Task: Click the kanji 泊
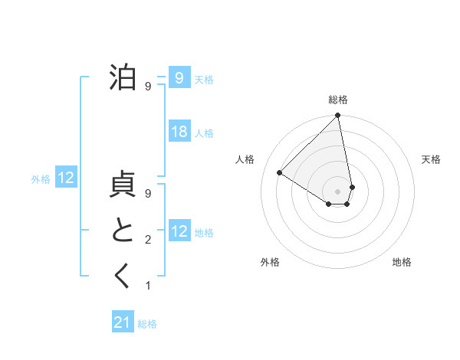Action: pyautogui.click(x=123, y=78)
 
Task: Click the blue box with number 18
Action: pyautogui.click(x=179, y=132)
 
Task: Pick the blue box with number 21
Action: pyautogui.click(x=123, y=322)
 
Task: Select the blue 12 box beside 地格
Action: pyautogui.click(x=179, y=231)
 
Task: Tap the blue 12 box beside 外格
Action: pyautogui.click(x=66, y=178)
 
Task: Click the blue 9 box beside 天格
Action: pyautogui.click(x=179, y=78)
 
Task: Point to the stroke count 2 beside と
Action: pyautogui.click(x=148, y=241)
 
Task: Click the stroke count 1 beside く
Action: pyautogui.click(x=148, y=286)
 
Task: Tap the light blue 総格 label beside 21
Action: pyautogui.click(x=147, y=324)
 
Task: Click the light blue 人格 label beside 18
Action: pyautogui.click(x=204, y=133)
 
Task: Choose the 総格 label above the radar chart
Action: pyautogui.click(x=337, y=100)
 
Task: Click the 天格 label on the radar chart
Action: pyautogui.click(x=431, y=159)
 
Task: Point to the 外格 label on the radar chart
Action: pyautogui.click(x=270, y=262)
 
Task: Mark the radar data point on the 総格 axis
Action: pyautogui.click(x=337, y=116)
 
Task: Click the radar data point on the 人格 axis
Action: pyautogui.click(x=280, y=172)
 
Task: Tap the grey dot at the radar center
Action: pyautogui.click(x=337, y=191)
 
